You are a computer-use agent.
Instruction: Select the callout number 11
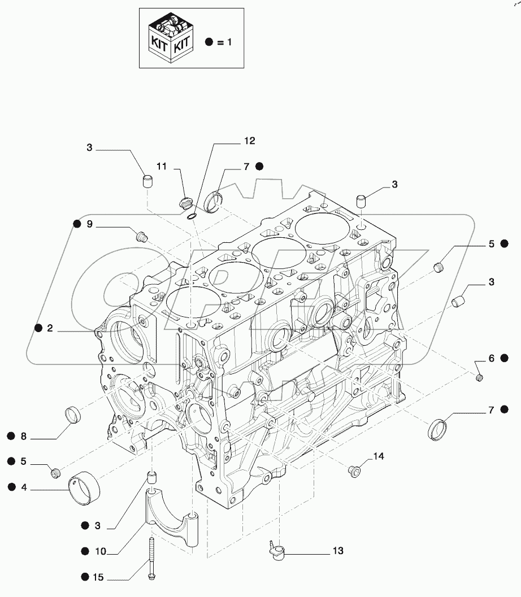pyautogui.click(x=162, y=166)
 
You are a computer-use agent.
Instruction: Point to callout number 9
pyautogui.click(x=89, y=224)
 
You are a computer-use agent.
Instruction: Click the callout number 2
pyautogui.click(x=50, y=328)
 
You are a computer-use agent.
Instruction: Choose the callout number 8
pyautogui.click(x=23, y=435)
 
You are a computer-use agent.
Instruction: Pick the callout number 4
pyautogui.click(x=23, y=486)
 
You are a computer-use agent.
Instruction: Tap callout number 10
pyautogui.click(x=99, y=550)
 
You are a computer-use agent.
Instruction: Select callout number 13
pyautogui.click(x=338, y=551)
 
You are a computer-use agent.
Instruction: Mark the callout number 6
pyautogui.click(x=491, y=358)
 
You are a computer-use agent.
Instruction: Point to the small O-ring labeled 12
pyautogui.click(x=192, y=216)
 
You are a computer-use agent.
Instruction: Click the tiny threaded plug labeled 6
pyautogui.click(x=479, y=377)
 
